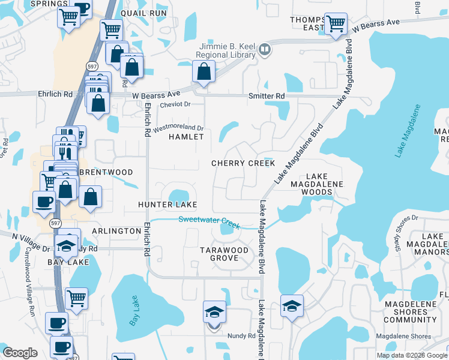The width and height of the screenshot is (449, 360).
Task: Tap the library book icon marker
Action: [265, 52]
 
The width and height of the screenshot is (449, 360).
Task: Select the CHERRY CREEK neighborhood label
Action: [243, 163]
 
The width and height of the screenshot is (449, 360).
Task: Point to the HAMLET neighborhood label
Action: [186, 137]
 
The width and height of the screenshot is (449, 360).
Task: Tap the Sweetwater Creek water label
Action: [209, 222]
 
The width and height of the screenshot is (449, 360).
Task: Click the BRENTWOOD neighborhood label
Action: [105, 172]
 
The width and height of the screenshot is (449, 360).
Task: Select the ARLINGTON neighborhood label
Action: [116, 231]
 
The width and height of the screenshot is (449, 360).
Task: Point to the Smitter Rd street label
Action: [267, 96]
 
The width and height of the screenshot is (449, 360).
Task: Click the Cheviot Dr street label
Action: [175, 104]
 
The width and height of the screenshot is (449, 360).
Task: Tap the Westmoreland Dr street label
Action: [179, 128]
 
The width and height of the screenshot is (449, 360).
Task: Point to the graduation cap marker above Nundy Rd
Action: [214, 312]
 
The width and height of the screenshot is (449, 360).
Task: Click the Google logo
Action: [20, 353]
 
